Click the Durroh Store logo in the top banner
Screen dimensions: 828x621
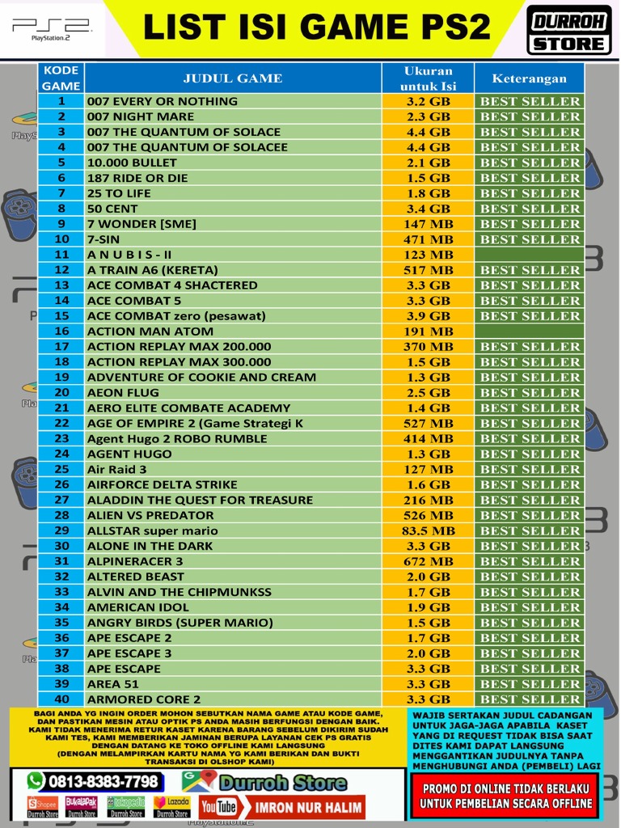[569, 30]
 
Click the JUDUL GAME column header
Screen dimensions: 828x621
[233, 78]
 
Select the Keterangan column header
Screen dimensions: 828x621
[530, 78]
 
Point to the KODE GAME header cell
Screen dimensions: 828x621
[61, 78]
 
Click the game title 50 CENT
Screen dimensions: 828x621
[112, 209]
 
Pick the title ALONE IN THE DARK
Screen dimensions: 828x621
[150, 546]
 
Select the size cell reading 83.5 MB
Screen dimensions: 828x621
[428, 530]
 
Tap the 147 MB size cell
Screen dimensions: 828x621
[428, 224]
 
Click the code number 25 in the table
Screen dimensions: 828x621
[61, 469]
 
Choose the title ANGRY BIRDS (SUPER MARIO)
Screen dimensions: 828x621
[180, 623]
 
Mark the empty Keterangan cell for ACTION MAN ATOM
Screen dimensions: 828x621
[530, 331]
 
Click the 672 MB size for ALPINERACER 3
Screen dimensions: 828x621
[428, 561]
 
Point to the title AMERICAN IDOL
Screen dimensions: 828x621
[137, 607]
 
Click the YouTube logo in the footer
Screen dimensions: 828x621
[218, 807]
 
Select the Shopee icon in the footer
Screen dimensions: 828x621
[43, 807]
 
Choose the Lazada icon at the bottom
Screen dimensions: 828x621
[171, 807]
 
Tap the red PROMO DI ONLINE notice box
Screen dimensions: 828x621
[505, 796]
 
